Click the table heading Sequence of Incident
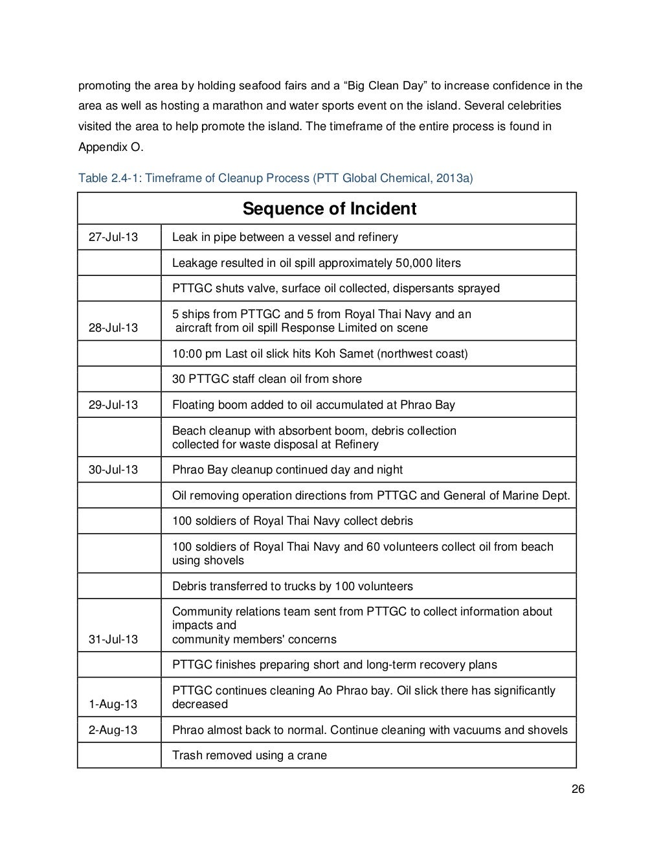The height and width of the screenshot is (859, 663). pyautogui.click(x=329, y=209)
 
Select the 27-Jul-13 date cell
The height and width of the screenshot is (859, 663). pyautogui.click(x=113, y=237)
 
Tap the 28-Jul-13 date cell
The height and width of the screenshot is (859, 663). pyautogui.click(x=113, y=328)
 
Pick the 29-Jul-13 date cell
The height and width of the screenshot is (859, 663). pyautogui.click(x=113, y=405)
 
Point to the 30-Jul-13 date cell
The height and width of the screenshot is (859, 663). pyautogui.click(x=113, y=470)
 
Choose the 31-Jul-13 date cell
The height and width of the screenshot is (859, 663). pyautogui.click(x=113, y=639)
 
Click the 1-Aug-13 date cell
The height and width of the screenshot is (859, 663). pyautogui.click(x=113, y=704)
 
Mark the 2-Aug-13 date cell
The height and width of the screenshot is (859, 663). pyautogui.click(x=113, y=730)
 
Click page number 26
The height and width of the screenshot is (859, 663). pyautogui.click(x=578, y=789)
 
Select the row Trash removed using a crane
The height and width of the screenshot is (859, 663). pyautogui.click(x=249, y=755)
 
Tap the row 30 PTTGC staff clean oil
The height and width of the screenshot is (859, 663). pyautogui.click(x=267, y=379)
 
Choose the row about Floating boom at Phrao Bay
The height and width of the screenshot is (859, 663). pyautogui.click(x=313, y=405)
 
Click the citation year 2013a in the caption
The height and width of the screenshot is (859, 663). pyautogui.click(x=454, y=178)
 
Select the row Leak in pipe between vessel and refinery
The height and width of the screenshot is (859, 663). pyautogui.click(x=285, y=237)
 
